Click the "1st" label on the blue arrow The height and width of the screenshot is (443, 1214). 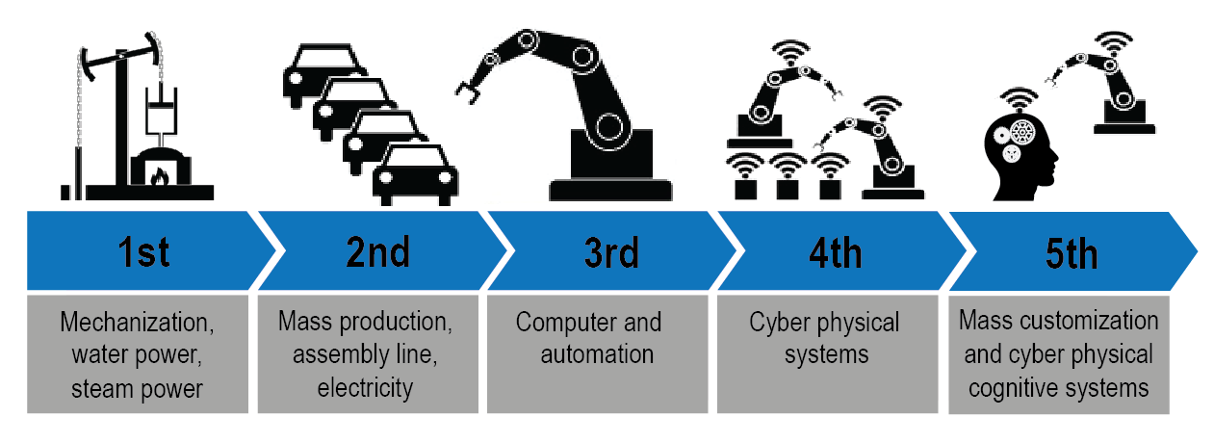143,252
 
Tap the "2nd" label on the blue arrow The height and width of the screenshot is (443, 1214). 378,252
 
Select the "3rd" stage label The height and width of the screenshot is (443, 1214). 610,252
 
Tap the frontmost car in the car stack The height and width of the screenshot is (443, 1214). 415,176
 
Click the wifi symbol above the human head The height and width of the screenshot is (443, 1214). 1016,99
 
